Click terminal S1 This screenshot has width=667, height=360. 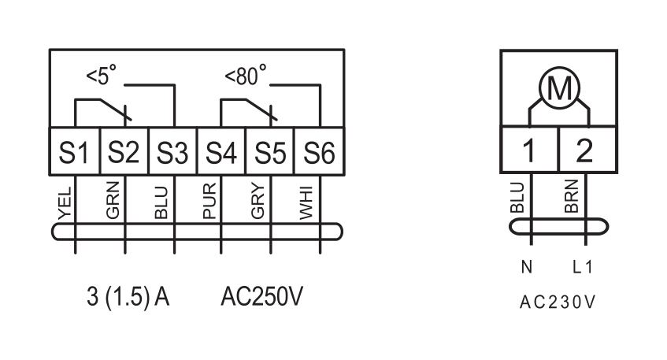point(75,151)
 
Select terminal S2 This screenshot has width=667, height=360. point(124,151)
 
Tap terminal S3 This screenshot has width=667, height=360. point(172,151)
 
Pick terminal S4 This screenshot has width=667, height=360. point(221,151)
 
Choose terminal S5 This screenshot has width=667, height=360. point(269,151)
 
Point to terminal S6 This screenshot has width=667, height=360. point(319,151)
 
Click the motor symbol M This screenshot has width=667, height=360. point(559,88)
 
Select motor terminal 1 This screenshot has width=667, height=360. point(529,150)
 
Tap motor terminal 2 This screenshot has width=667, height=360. point(587,150)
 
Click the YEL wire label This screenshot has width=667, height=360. point(65,204)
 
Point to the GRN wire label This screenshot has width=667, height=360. point(113,200)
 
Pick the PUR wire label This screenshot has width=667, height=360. point(209,201)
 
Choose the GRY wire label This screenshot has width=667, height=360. point(258,202)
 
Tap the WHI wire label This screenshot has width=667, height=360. point(306,203)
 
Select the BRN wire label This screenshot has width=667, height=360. point(572,195)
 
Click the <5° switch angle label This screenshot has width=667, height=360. point(102,76)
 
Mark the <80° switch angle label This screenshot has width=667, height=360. point(246,76)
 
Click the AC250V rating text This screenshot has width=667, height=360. point(262,296)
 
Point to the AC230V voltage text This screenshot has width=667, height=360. point(558,302)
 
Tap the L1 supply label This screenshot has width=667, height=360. point(583,267)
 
